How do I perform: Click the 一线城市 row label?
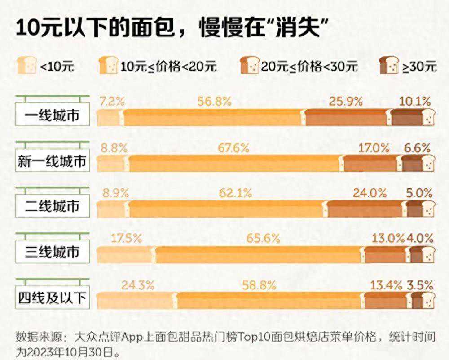point(53,116)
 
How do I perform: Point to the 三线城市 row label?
point(53,252)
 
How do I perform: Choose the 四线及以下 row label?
point(52,297)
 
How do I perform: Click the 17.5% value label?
point(126,238)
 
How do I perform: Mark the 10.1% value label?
point(415,102)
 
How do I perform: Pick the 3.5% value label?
point(420,284)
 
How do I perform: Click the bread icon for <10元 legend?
point(26,65)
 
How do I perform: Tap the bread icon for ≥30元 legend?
point(389,66)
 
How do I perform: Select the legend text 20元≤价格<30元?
point(310,67)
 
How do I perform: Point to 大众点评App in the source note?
point(101,337)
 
